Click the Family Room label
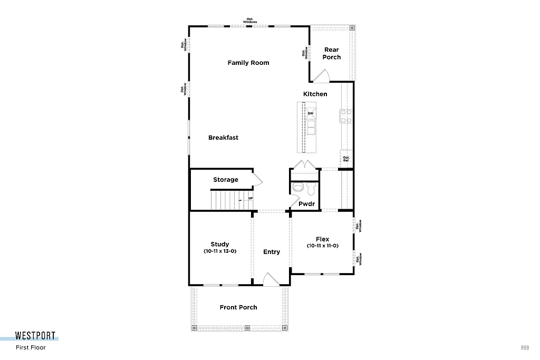pyautogui.click(x=248, y=63)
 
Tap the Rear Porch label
pyautogui.click(x=332, y=53)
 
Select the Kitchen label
pyautogui.click(x=315, y=94)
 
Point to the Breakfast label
pyautogui.click(x=223, y=138)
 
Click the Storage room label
pyautogui.click(x=226, y=180)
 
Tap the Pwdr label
pyautogui.click(x=306, y=203)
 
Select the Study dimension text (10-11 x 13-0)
pyautogui.click(x=220, y=251)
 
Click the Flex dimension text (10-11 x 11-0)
pyautogui.click(x=322, y=246)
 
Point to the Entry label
pyautogui.click(x=272, y=252)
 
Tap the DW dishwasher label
pyautogui.click(x=311, y=113)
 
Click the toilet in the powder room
pyautogui.click(x=298, y=188)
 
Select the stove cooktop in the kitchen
pyautogui.click(x=346, y=115)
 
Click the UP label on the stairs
pyautogui.click(x=250, y=199)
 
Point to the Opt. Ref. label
pyautogui.click(x=346, y=159)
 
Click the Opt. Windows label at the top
pyautogui.click(x=250, y=21)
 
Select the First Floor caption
pyautogui.click(x=31, y=347)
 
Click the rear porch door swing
pyautogui.click(x=321, y=77)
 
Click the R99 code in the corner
pyautogui.click(x=525, y=347)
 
